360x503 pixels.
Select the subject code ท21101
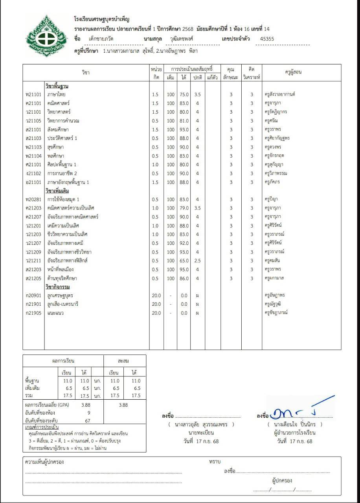click(x=33, y=94)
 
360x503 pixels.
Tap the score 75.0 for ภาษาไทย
click(x=184, y=94)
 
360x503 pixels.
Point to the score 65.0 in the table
click(x=184, y=261)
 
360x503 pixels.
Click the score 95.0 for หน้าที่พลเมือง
click(x=184, y=269)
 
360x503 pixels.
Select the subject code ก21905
click(x=33, y=313)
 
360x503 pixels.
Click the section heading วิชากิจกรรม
click(x=57, y=287)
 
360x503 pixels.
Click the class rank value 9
click(x=88, y=413)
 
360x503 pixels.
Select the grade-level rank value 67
click(x=88, y=420)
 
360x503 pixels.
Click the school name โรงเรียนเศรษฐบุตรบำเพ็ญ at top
click(x=101, y=19)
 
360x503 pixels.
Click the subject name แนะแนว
click(x=55, y=313)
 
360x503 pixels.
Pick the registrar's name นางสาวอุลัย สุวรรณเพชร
click(x=201, y=424)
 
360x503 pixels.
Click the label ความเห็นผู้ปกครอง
click(x=44, y=462)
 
